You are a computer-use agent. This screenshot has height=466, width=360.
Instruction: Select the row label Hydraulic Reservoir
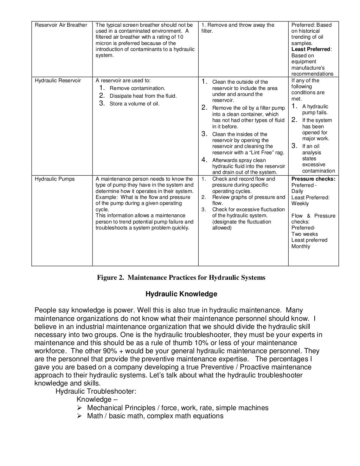[x=58, y=80]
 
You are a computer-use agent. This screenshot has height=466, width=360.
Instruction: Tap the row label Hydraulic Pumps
[x=55, y=179]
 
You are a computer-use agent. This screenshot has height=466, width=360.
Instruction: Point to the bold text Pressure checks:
[x=313, y=179]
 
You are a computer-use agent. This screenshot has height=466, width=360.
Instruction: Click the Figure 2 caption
[x=181, y=278]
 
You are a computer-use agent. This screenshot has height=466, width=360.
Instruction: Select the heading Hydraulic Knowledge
[x=181, y=294]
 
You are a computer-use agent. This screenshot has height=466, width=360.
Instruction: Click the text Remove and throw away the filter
[x=238, y=28]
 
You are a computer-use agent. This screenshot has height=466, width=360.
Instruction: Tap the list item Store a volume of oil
[x=134, y=104]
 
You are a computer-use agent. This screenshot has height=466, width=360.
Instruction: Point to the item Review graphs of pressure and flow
[x=248, y=200]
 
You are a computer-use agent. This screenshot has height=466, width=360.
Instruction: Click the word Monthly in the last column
[x=301, y=246]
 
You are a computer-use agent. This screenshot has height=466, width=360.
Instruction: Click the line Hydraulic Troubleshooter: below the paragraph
[x=96, y=391]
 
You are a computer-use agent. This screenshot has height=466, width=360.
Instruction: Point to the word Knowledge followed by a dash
[x=94, y=400]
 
